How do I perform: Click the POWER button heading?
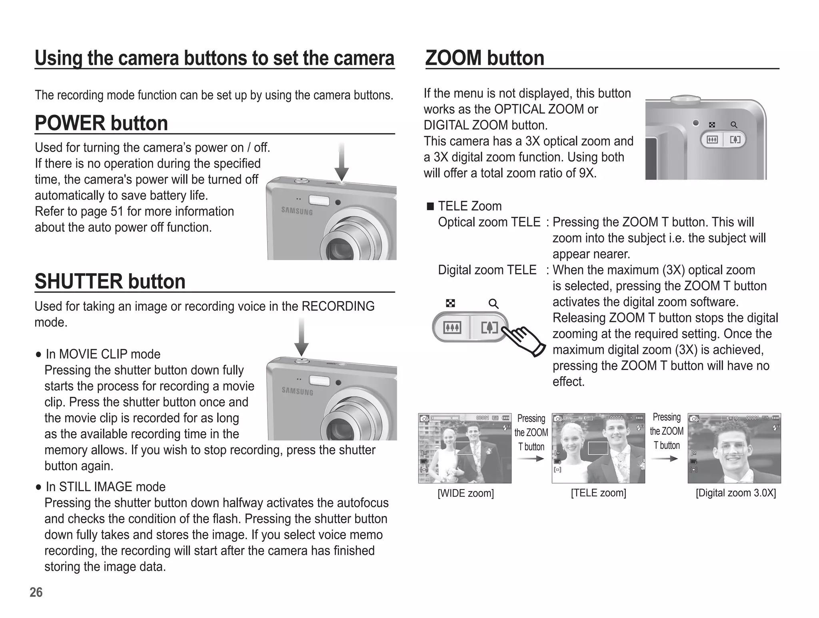101,123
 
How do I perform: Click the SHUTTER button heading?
110,282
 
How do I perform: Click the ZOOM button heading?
485,58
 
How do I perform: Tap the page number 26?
36,592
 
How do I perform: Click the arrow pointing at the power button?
342,162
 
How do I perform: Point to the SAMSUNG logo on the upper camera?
297,211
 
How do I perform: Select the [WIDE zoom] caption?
465,493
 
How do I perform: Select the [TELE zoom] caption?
598,493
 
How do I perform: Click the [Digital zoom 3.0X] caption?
735,493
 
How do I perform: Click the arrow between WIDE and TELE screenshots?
530,458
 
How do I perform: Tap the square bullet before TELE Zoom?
430,206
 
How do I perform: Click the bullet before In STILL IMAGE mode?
38,487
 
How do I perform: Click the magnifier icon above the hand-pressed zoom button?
493,304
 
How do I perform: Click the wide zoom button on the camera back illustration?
712,140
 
